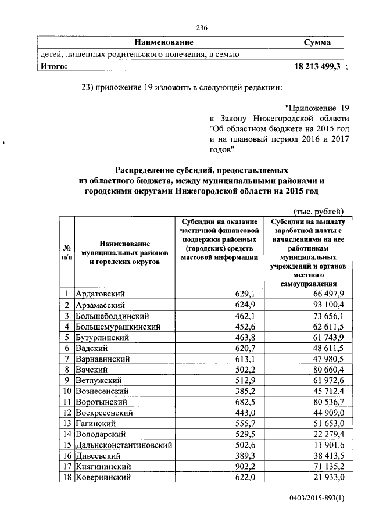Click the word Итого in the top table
53,66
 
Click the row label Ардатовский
101,294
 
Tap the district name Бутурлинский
105,338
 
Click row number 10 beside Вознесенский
67,391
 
